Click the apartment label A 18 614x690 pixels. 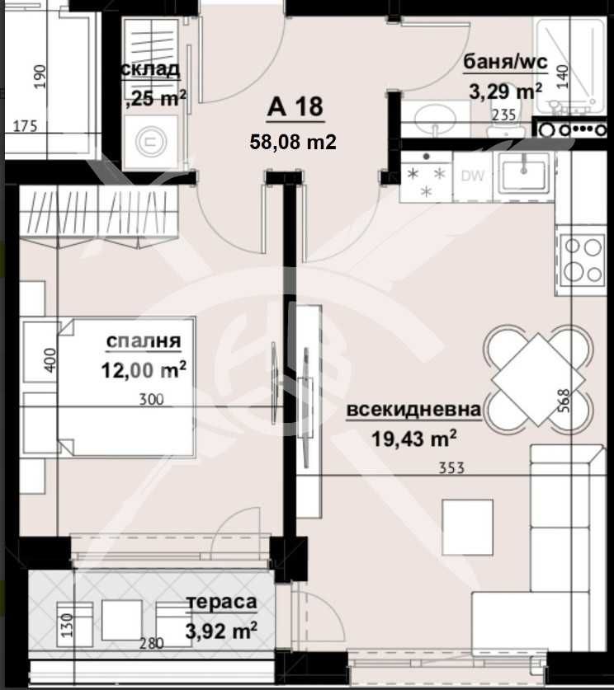click(294, 107)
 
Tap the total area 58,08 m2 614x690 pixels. click(293, 142)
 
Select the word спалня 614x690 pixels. click(144, 341)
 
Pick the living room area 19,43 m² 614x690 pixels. click(413, 439)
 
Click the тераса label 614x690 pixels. click(221, 603)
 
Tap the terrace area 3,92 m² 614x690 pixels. click(221, 631)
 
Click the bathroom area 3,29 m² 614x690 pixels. click(504, 89)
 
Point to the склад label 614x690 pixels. click(152, 69)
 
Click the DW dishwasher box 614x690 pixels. click(472, 176)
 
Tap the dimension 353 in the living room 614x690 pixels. click(452, 468)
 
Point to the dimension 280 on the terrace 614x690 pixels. click(150, 644)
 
